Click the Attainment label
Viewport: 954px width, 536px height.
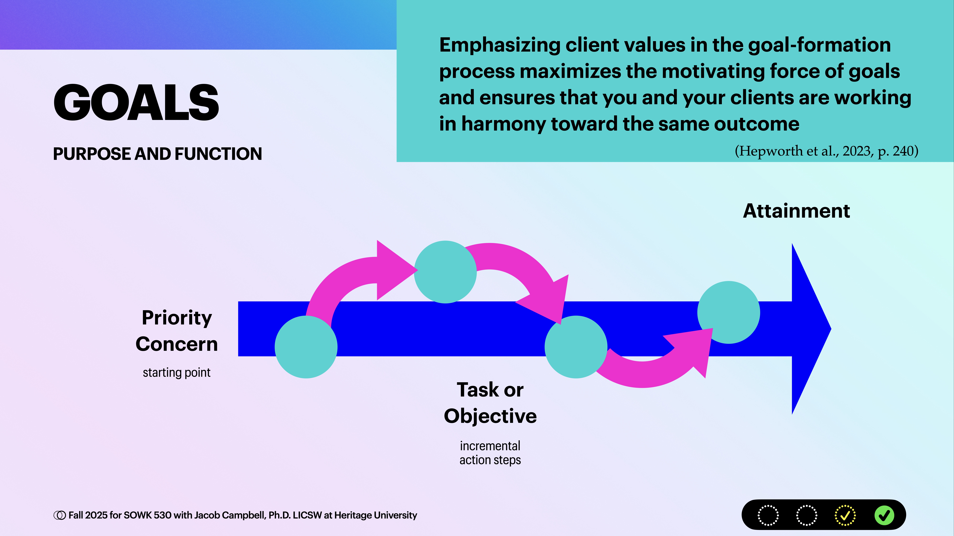(x=796, y=211)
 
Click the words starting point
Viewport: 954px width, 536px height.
(x=177, y=372)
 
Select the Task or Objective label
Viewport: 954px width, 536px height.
(x=490, y=403)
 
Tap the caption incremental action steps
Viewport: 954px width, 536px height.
(x=490, y=453)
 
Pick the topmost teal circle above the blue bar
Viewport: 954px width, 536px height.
(x=445, y=272)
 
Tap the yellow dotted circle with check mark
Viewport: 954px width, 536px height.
(x=845, y=515)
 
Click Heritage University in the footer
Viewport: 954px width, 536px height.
(x=375, y=515)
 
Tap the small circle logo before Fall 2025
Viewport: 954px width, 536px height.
(x=59, y=515)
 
